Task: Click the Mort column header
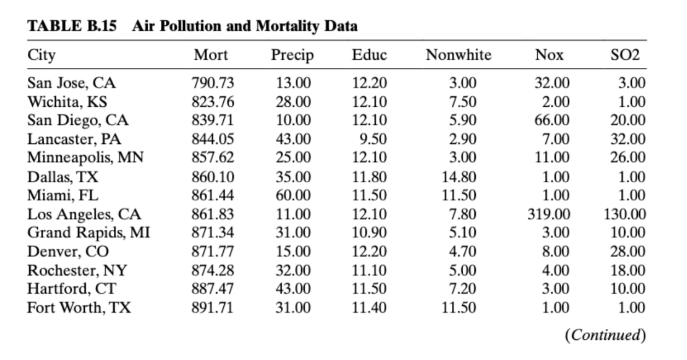click(211, 55)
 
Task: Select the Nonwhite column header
click(458, 55)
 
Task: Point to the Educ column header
click(369, 55)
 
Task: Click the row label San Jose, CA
click(72, 83)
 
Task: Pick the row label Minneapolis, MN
click(85, 158)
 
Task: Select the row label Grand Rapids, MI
click(89, 233)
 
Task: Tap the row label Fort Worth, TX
click(79, 307)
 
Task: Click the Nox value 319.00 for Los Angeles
click(548, 214)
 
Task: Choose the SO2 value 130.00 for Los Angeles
click(624, 214)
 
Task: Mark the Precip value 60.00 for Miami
click(293, 195)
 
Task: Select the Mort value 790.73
click(213, 83)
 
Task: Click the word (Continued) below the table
click(604, 335)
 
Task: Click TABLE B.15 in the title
click(72, 26)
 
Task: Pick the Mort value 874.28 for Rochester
click(213, 270)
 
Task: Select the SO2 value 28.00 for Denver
click(627, 252)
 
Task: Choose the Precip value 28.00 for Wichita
click(293, 102)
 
